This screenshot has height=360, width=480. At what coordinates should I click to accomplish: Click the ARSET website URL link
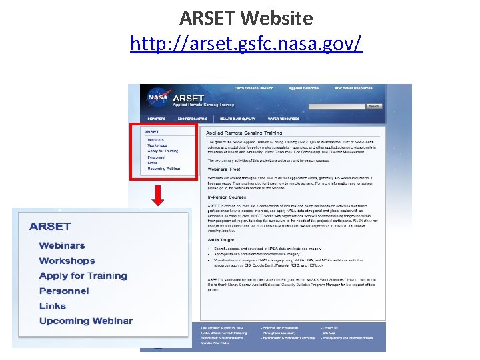246,45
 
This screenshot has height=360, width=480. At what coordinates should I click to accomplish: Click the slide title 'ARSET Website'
246,18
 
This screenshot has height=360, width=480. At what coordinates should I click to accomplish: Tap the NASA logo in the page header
158,98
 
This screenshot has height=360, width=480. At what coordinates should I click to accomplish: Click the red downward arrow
158,195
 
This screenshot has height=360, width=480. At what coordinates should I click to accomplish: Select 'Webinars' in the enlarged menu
62,246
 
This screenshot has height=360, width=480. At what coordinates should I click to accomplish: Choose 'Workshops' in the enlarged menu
67,261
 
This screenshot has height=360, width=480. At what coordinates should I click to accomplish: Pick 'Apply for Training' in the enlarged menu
83,275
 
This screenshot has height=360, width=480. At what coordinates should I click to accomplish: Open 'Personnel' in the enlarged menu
64,291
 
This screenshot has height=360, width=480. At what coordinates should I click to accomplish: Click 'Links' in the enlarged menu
53,306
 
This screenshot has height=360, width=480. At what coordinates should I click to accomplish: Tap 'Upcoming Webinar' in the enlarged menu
86,321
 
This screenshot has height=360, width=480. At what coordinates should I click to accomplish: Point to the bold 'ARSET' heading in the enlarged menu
50,227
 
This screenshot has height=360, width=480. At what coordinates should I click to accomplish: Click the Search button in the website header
374,106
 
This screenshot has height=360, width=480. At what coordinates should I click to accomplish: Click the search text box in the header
337,106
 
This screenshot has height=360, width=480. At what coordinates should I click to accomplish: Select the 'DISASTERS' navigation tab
156,119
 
